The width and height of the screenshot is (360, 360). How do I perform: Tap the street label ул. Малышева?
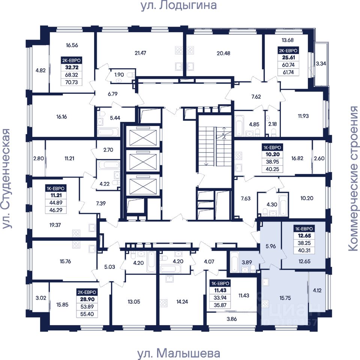178,353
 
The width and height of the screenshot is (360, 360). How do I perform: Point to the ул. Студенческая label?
6,178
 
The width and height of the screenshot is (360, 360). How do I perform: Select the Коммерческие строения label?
354,178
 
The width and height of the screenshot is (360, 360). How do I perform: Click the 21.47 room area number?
140,53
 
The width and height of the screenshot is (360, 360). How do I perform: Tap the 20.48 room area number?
223,53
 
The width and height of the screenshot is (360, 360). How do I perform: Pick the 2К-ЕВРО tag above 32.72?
71,60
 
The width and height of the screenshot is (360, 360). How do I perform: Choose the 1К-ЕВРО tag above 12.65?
304,229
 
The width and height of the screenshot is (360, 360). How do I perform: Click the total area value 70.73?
72,82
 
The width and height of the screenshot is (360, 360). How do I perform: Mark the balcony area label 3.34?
321,64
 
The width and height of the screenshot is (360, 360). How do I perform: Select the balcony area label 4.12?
317,290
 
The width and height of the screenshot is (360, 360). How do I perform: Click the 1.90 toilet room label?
119,75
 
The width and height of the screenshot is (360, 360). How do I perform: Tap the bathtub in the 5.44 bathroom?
108,132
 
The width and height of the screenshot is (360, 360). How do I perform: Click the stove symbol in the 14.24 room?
163,303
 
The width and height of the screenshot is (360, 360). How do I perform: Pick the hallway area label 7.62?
256,97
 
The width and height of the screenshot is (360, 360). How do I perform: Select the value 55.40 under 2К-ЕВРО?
87,314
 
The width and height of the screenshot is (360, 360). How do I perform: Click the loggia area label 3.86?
232,319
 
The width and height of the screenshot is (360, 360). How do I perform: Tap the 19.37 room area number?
55,225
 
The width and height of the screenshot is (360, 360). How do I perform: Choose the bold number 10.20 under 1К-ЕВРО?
273,154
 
